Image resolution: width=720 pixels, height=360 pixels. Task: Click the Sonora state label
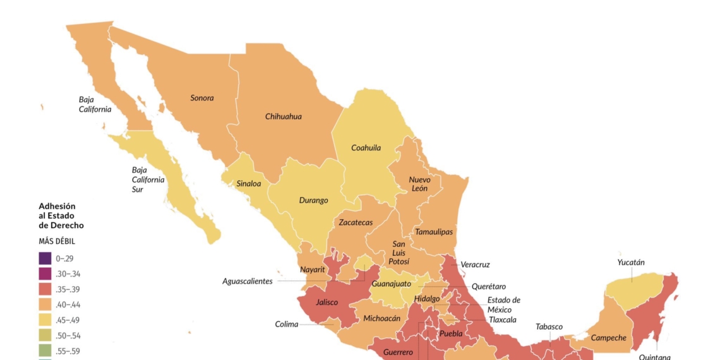[202, 98]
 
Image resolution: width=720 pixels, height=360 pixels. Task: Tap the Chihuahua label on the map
[283, 116]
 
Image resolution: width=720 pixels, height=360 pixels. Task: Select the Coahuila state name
[366, 148]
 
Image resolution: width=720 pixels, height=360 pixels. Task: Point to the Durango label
[313, 200]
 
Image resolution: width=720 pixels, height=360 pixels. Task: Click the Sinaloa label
[248, 184]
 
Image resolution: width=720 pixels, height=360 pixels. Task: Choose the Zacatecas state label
[356, 222]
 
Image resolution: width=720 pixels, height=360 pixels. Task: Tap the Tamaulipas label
[433, 232]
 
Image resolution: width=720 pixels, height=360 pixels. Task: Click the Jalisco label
[327, 303]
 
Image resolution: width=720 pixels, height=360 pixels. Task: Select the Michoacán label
[381, 318]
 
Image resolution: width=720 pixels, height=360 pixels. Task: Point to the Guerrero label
[398, 352]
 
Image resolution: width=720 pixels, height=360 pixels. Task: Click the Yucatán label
[631, 262]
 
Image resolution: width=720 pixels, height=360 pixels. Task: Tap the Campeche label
[608, 338]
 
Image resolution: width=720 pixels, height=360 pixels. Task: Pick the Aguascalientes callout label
[247, 281]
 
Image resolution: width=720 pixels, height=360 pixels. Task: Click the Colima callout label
[286, 325]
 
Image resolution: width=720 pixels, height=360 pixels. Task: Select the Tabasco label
[549, 327]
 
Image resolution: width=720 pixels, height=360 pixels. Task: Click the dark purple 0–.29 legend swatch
[45, 258]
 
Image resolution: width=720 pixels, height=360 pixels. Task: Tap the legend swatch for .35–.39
[45, 289]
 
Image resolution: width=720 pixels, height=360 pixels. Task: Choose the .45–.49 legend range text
[68, 320]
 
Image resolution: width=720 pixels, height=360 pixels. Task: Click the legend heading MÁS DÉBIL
[57, 241]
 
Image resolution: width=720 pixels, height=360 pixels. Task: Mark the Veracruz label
[475, 265]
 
